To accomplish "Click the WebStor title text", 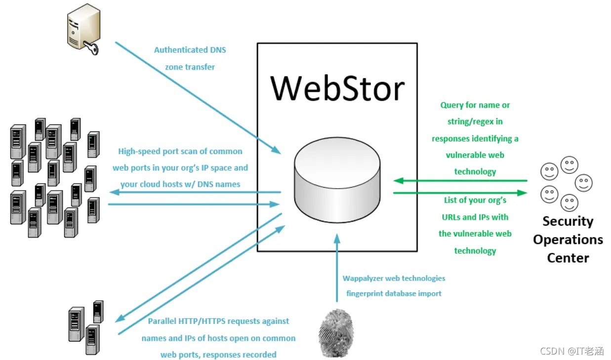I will point(338,88).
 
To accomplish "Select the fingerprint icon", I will point(336,332).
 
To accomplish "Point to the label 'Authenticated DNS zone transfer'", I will point(190,58).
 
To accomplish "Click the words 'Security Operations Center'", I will point(568,239).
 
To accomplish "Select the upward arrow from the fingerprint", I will point(337,267).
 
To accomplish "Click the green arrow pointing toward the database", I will point(459,181).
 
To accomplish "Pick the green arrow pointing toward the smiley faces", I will point(459,193).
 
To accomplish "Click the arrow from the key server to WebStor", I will point(198,97).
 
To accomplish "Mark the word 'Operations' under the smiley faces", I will point(568,240).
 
